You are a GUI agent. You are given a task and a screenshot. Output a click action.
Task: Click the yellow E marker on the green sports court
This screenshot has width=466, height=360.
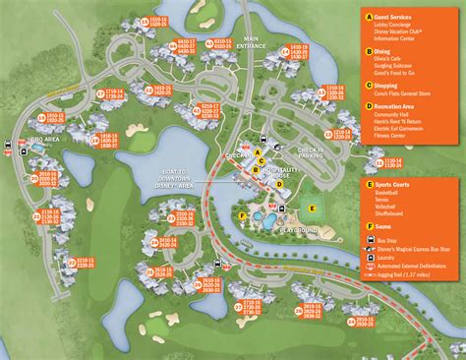tap(313, 208)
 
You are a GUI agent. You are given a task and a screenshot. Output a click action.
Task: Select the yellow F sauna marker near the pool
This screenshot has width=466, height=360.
tap(243, 215)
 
